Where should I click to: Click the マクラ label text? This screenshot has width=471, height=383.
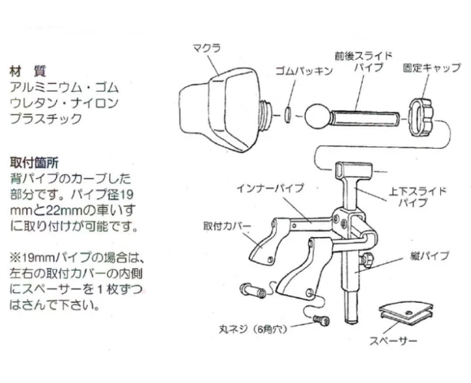click(207, 47)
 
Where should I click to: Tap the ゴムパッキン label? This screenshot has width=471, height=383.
click(304, 71)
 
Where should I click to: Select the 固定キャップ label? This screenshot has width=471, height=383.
click(431, 68)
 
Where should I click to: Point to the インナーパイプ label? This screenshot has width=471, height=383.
click(270, 188)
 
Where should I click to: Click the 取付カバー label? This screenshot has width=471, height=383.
click(227, 227)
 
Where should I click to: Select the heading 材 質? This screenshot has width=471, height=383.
click(27, 71)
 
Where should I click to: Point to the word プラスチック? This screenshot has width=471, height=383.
click(46, 119)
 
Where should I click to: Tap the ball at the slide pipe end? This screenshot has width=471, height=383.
click(316, 117)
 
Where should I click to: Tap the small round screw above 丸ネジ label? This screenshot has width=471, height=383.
click(321, 321)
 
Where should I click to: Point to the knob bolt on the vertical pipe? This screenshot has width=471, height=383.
click(367, 260)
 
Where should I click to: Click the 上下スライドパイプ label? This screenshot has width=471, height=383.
click(417, 197)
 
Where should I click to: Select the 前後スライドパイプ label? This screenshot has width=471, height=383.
click(364, 62)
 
